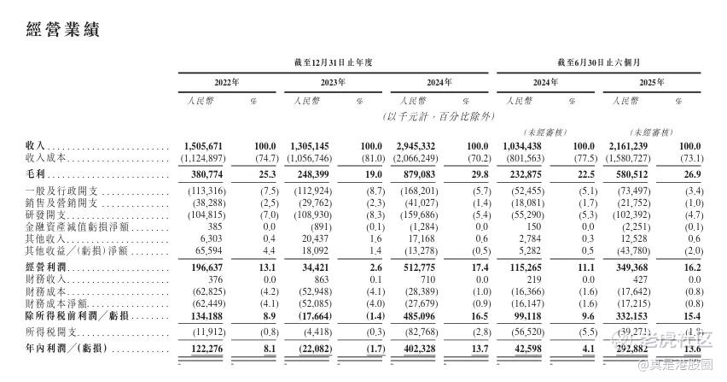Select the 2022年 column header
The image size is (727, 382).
click(226, 83)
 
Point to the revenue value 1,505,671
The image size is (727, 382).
click(203, 147)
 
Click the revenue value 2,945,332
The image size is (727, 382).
click(417, 147)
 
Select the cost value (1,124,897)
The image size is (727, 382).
click(202, 159)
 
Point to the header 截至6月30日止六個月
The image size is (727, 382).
click(600, 62)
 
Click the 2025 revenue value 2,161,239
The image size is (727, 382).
click(631, 147)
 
